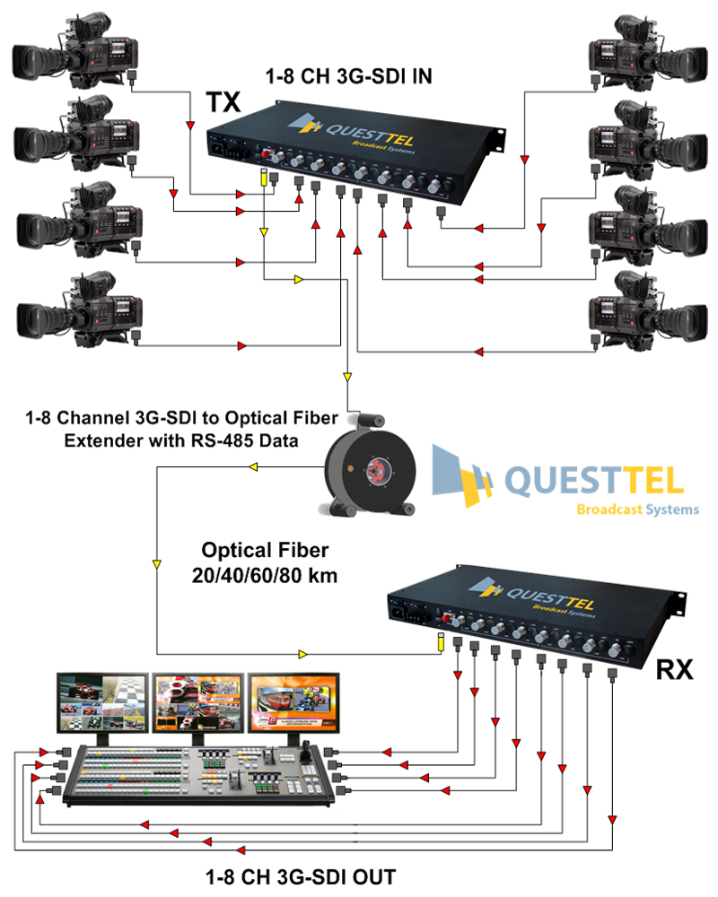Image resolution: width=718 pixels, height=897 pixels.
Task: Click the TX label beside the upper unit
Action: (224, 102)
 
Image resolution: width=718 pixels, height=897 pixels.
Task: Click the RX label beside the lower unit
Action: (675, 668)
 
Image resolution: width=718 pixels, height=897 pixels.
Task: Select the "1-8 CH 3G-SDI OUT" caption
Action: (300, 877)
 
